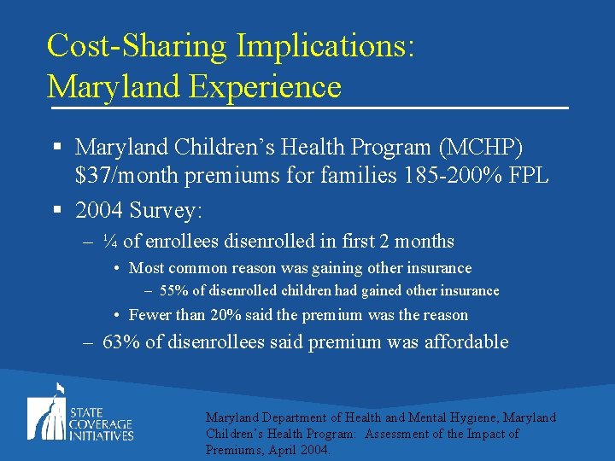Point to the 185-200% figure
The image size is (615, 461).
447,177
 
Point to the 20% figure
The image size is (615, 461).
223,315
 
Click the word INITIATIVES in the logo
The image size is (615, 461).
102,435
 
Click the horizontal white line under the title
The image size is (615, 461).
307,108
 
